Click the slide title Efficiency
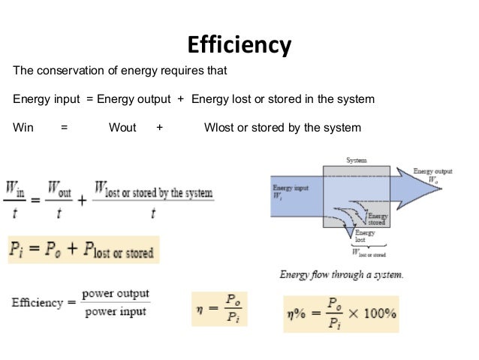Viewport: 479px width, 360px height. (x=239, y=45)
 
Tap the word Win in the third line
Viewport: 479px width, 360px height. (x=23, y=127)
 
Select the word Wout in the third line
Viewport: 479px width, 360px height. (x=122, y=127)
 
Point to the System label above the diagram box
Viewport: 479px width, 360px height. (x=357, y=161)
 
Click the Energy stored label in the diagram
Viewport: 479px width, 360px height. (x=377, y=219)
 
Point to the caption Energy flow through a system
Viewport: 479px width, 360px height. (x=341, y=274)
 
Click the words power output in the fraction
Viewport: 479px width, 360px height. (x=116, y=293)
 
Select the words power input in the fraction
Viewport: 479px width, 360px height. (x=116, y=310)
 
